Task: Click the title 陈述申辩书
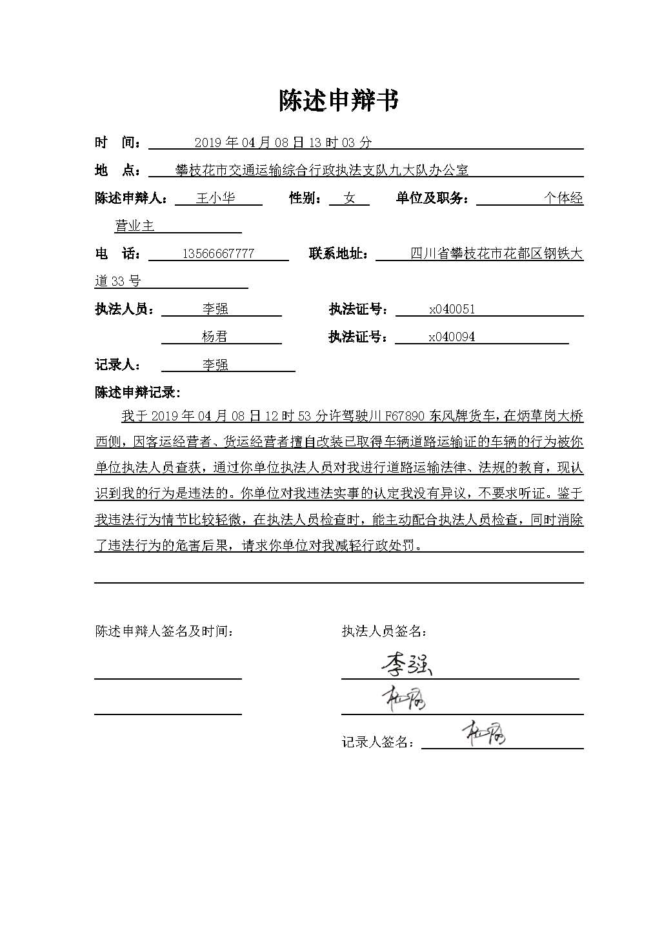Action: (339, 101)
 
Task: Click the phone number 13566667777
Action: (218, 253)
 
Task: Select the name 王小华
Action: (215, 198)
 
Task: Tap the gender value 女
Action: (349, 198)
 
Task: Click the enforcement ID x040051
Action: (452, 309)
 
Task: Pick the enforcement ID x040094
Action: (452, 337)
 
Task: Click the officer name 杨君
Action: (215, 337)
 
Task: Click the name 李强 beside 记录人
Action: (215, 365)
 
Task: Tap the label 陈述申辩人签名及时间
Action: (165, 631)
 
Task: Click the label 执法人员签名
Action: (384, 631)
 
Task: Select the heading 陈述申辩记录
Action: (137, 392)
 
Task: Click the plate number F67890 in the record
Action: (405, 416)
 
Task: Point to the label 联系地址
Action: (339, 253)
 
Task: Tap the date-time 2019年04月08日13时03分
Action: (283, 143)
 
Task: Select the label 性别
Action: (306, 198)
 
